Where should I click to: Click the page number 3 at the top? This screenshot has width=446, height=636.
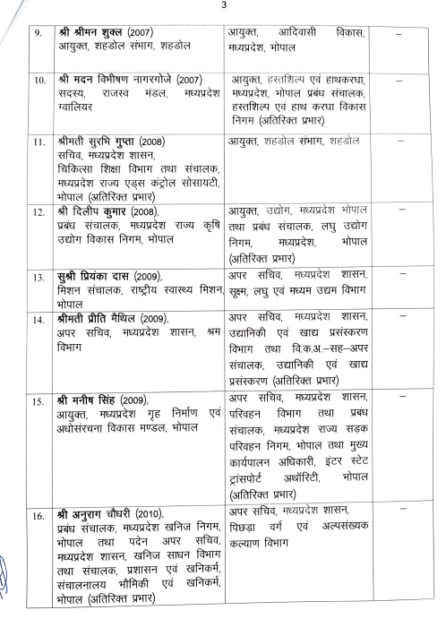(x=223, y=7)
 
